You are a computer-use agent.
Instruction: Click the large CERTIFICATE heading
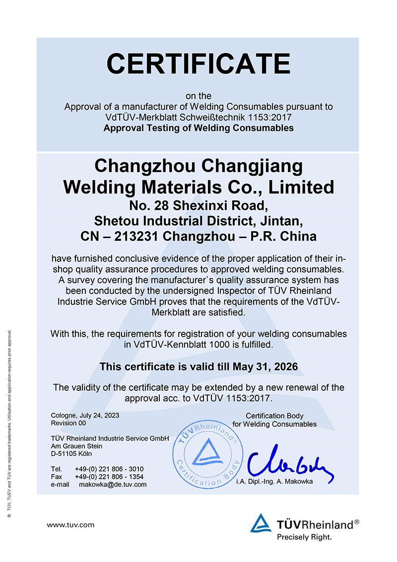tap(198, 63)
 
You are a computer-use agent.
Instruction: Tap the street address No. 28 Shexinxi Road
tap(198, 205)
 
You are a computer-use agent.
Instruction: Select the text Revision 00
tap(68, 423)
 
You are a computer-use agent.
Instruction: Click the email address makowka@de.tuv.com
tap(113, 484)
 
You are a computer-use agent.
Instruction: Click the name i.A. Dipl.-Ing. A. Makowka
tap(274, 481)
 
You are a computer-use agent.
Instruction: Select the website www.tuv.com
tap(70, 524)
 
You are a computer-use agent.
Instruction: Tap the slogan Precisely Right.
tap(304, 537)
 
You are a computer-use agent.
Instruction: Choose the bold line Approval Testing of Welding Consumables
tap(198, 128)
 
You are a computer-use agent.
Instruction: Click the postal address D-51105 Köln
tap(71, 453)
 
